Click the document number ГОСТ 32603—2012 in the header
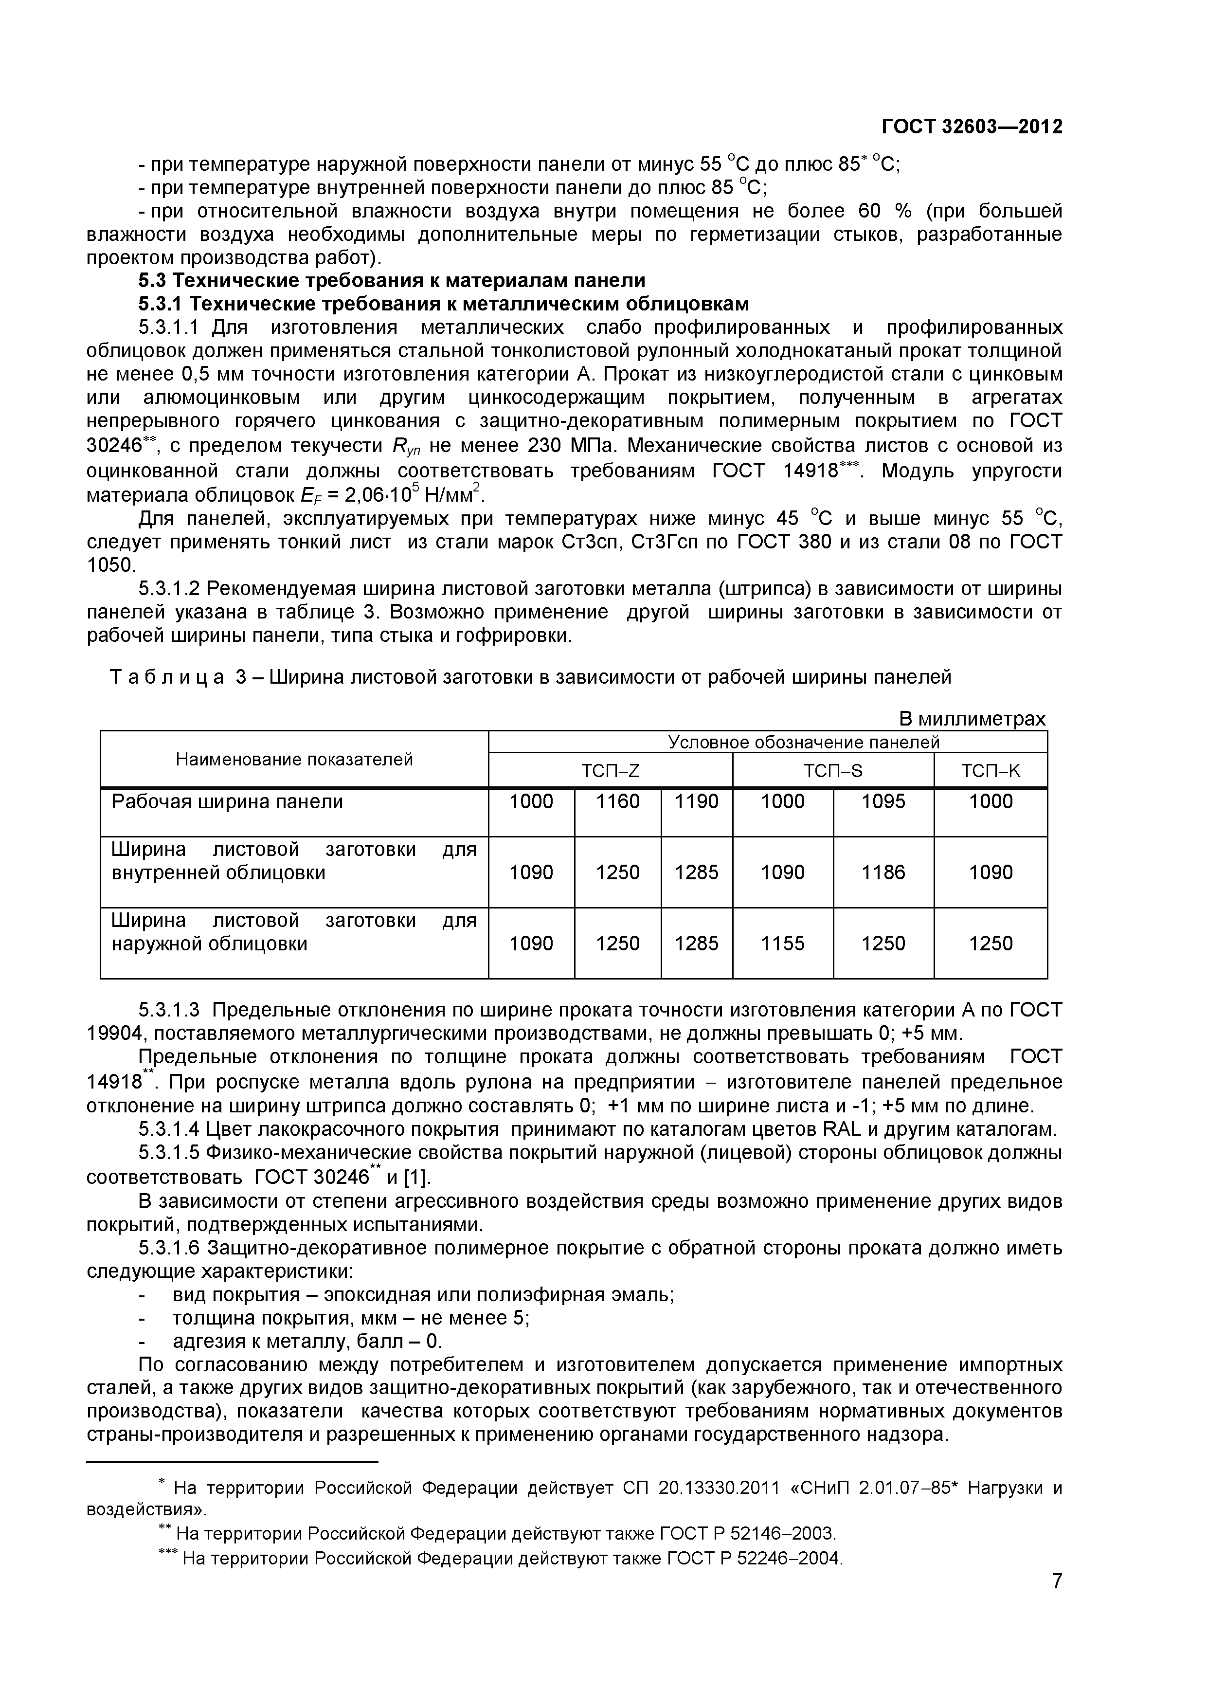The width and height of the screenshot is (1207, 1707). (972, 127)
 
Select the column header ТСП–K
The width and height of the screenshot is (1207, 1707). (991, 771)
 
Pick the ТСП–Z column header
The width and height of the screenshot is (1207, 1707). (610, 771)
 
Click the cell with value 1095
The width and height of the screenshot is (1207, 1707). (883, 801)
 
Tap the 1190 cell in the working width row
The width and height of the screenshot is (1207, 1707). (696, 801)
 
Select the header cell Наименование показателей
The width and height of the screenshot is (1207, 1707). (294, 759)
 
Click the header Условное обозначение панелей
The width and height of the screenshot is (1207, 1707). (803, 742)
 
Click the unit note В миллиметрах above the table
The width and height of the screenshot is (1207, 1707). (972, 719)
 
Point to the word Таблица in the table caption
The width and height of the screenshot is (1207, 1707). (167, 677)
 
